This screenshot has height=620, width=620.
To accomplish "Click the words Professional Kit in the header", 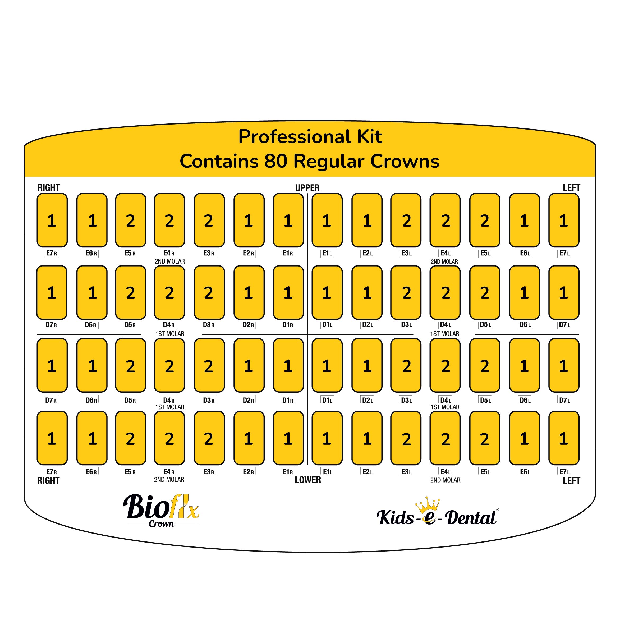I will click(310, 137).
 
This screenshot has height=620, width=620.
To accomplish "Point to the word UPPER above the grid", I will click(307, 188).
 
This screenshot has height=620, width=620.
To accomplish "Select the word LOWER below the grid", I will click(308, 480).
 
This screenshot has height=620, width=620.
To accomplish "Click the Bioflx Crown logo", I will click(162, 510).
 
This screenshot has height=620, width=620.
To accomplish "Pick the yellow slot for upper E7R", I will click(52, 220).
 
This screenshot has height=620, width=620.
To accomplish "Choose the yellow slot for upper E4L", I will click(445, 220).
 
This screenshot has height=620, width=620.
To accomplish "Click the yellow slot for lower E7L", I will click(564, 438).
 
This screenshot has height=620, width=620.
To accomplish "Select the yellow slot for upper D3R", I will click(209, 292).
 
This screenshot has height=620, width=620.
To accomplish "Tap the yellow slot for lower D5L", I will click(485, 365).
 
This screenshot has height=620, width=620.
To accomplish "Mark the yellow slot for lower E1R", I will click(288, 438).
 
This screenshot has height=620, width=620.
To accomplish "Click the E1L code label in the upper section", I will click(327, 253).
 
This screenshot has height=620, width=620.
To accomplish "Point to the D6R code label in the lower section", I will click(91, 400).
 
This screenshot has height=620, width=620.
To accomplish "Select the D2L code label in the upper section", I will click(367, 324).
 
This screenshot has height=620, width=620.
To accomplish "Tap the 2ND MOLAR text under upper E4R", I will click(170, 261).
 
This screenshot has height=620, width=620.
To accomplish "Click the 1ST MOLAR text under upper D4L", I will click(444, 334).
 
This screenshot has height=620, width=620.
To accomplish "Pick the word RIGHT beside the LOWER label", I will click(48, 480).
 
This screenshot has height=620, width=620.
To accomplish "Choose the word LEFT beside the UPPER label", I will click(571, 187).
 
